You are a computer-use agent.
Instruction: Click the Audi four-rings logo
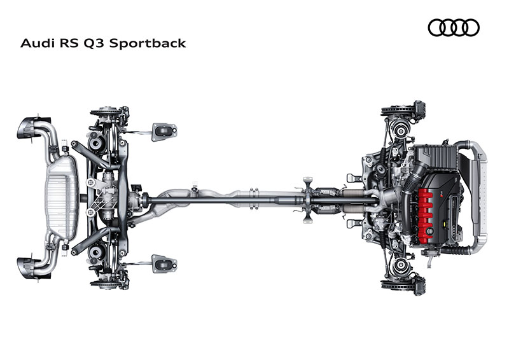click(454, 27)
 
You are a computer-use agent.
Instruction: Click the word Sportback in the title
click(148, 43)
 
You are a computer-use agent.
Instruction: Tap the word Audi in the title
click(37, 43)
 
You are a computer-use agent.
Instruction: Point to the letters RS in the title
click(69, 43)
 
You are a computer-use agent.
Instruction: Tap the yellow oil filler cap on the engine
click(444, 224)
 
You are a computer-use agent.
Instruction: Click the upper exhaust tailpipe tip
click(29, 128)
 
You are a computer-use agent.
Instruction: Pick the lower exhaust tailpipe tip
click(29, 268)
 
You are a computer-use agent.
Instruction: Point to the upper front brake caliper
click(419, 111)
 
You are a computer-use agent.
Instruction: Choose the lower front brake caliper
click(419, 285)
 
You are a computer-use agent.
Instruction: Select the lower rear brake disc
click(103, 284)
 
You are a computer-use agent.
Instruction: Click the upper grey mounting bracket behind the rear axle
click(164, 132)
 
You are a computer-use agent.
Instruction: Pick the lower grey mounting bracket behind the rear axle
click(164, 263)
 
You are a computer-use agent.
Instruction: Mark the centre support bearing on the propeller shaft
click(307, 200)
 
